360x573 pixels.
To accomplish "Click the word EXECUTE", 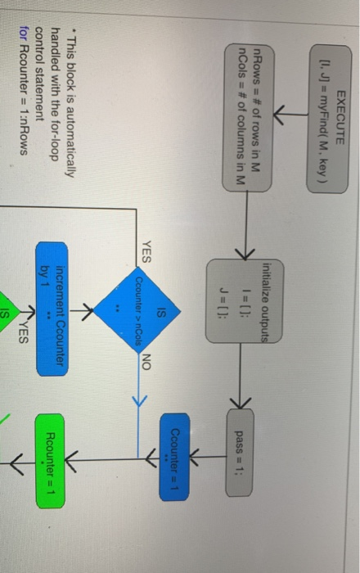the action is pos(340,117).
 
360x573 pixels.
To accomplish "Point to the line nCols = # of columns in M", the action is pos(241,116).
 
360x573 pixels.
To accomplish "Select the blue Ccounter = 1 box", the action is pos(174,457).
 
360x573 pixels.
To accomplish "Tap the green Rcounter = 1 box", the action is pos(50,461).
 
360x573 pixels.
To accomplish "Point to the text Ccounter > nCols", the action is pos(139,310).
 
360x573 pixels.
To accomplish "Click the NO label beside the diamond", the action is pos(146,362).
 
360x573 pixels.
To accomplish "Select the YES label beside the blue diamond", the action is pos(146,252).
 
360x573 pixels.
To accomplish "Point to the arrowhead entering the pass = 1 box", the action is pos(241,404).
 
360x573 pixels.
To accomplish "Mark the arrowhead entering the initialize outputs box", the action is pos(245,253).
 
